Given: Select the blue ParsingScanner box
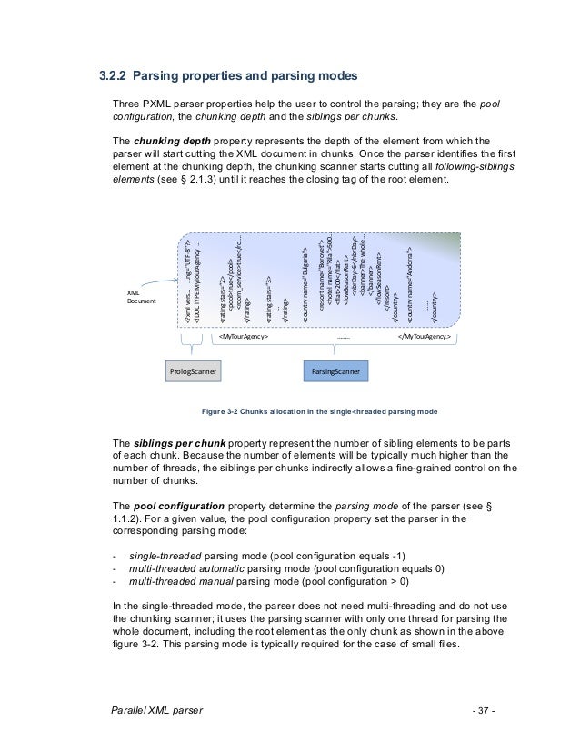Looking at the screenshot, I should click(335, 372).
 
